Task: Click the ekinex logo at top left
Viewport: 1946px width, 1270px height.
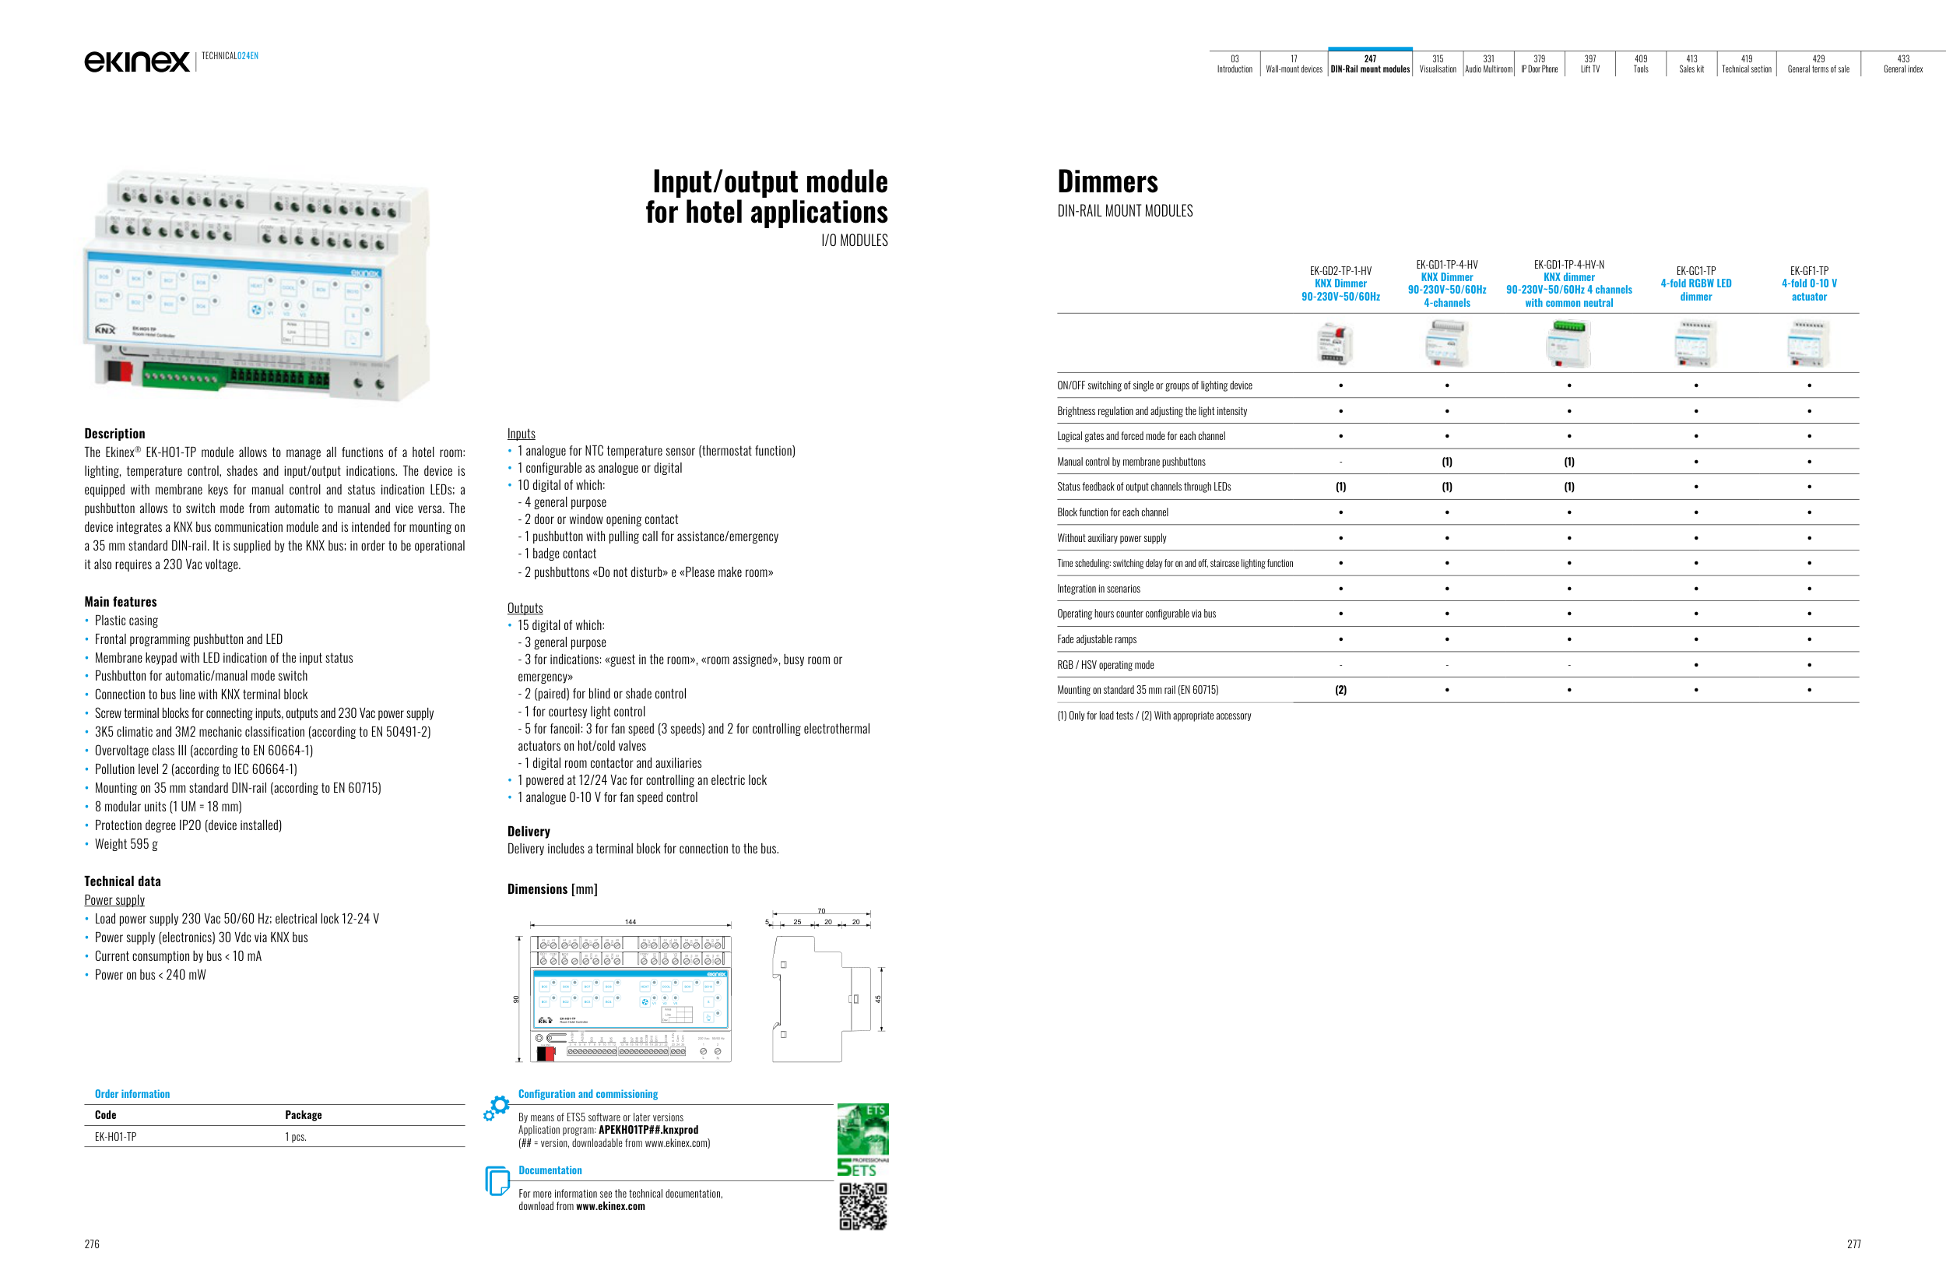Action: pyautogui.click(x=136, y=62)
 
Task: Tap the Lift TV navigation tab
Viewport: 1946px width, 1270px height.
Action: pyautogui.click(x=1589, y=64)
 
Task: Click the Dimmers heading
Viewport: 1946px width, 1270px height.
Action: pyautogui.click(x=1107, y=181)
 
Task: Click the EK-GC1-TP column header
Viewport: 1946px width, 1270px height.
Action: pyautogui.click(x=1695, y=283)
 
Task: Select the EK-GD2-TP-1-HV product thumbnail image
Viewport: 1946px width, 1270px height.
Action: pyautogui.click(x=1335, y=343)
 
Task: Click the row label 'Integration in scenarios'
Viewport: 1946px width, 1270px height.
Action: pyautogui.click(x=1098, y=589)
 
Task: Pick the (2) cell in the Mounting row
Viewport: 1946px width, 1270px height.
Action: pyautogui.click(x=1340, y=690)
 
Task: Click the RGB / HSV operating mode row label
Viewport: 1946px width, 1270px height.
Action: pyautogui.click(x=1105, y=665)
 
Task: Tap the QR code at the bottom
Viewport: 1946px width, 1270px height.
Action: pyautogui.click(x=862, y=1206)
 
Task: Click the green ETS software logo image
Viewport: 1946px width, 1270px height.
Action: pyautogui.click(x=862, y=1129)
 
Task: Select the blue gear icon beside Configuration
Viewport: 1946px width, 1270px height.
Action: pyautogui.click(x=497, y=1107)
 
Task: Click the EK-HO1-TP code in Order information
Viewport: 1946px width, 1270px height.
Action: pyautogui.click(x=115, y=1137)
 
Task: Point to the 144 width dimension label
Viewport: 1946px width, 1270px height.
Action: pyautogui.click(x=631, y=922)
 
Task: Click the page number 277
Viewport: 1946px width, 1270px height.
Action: pyautogui.click(x=1853, y=1244)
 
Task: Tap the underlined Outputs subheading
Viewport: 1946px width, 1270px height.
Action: pyautogui.click(x=525, y=607)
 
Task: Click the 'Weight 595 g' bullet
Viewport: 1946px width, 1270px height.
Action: pyautogui.click(x=126, y=844)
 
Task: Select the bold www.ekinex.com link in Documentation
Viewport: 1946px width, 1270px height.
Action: pyautogui.click(x=610, y=1206)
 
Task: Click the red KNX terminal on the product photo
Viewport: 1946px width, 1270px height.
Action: pyautogui.click(x=118, y=371)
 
